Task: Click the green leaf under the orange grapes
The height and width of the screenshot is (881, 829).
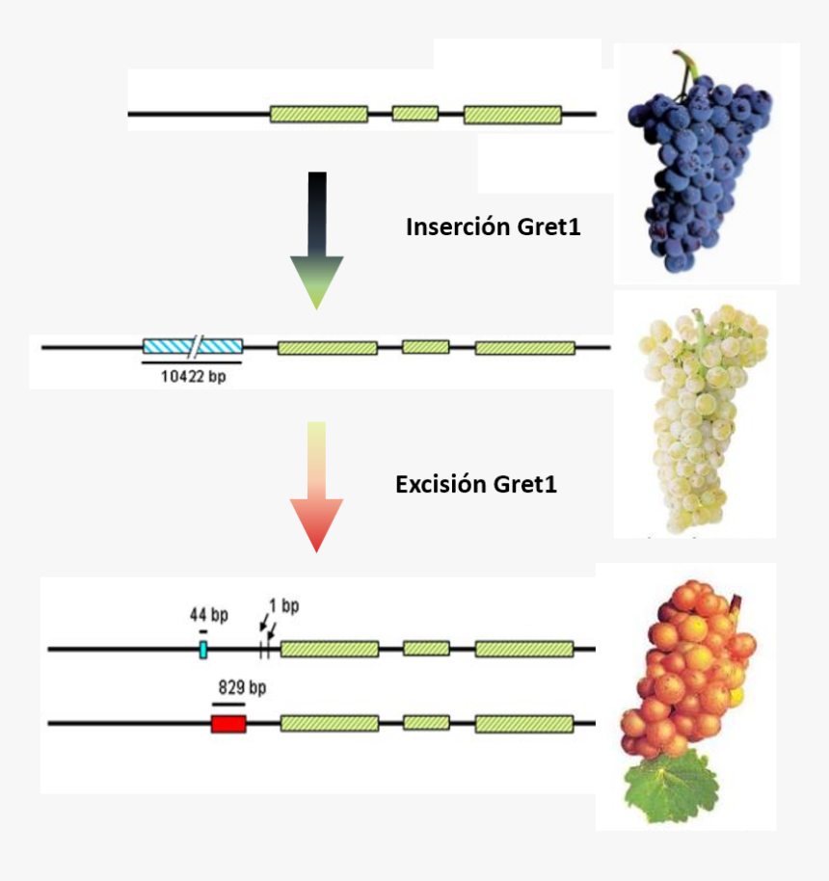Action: coord(673,788)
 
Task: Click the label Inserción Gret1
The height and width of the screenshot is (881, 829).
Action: coord(494,227)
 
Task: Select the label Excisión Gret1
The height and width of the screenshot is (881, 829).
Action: coord(476,484)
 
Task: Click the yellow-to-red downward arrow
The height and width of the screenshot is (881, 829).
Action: coord(316,487)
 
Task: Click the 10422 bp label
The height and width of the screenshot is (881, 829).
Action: coord(193,377)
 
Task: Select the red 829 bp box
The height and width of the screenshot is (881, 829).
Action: coord(228,723)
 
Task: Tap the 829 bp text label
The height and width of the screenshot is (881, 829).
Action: coord(242,687)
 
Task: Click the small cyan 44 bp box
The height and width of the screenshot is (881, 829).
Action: coord(203,650)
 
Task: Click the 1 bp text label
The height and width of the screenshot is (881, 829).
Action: coord(283,606)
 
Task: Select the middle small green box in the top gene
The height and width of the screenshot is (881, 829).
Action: coord(414,114)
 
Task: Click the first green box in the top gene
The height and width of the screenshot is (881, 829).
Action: coord(318,114)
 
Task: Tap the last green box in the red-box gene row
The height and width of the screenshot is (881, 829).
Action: coord(523,723)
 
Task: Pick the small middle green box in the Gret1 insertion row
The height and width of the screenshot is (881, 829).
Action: coord(425,347)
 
